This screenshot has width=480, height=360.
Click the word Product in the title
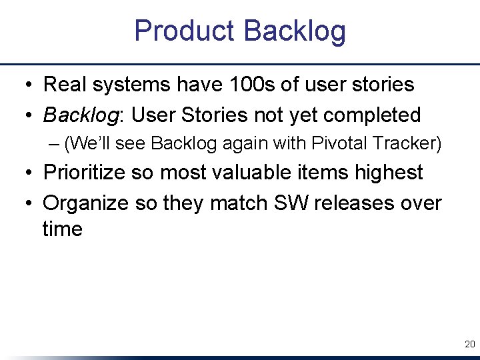point(185,31)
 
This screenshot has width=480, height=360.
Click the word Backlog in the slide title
point(295,31)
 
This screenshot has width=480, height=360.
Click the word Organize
point(86,202)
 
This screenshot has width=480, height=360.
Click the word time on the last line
point(63,229)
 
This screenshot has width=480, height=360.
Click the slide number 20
point(469,345)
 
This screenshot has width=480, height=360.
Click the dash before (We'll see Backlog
point(53,144)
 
